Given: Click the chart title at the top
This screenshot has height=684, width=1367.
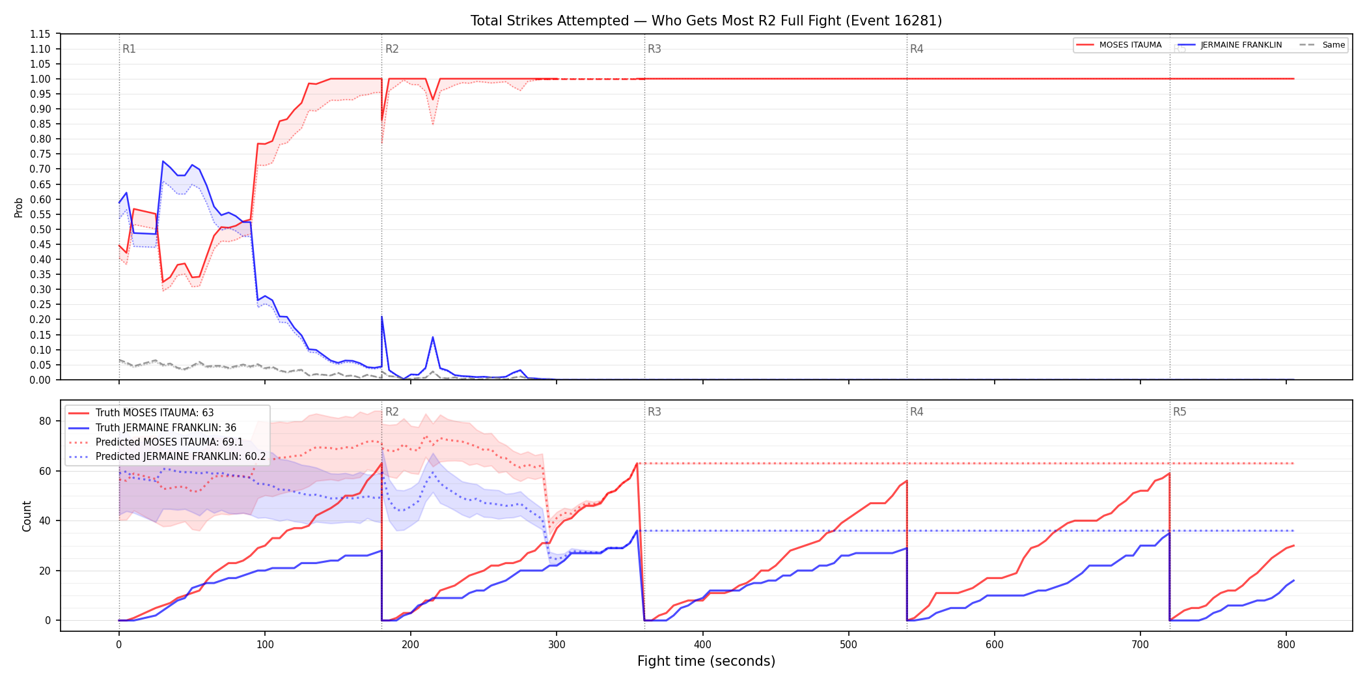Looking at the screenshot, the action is pyautogui.click(x=706, y=21).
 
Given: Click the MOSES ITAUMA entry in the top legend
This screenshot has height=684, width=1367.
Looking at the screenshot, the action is pyautogui.click(x=1119, y=45).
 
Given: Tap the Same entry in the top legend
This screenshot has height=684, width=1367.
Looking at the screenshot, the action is pyautogui.click(x=1322, y=45).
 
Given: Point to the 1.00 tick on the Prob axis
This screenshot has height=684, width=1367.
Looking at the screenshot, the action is pyautogui.click(x=40, y=79).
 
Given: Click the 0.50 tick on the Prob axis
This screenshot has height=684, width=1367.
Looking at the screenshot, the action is pyautogui.click(x=40, y=229).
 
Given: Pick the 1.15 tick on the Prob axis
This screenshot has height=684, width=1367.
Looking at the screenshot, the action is pyautogui.click(x=40, y=34).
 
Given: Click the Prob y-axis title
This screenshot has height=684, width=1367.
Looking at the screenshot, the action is pyautogui.click(x=19, y=207).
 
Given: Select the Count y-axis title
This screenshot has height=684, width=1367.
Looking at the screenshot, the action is pyautogui.click(x=27, y=516).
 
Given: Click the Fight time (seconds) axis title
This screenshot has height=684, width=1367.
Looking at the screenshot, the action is pyautogui.click(x=706, y=661).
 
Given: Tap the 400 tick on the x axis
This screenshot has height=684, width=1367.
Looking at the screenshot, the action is pyautogui.click(x=702, y=645).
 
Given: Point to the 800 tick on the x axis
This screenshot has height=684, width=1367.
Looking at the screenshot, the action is pyautogui.click(x=1286, y=645).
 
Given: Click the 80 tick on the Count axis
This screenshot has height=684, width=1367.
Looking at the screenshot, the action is pyautogui.click(x=45, y=421).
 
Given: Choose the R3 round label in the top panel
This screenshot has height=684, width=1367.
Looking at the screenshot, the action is pyautogui.click(x=654, y=49).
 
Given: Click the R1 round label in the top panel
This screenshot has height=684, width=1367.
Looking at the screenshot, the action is pyautogui.click(x=129, y=49).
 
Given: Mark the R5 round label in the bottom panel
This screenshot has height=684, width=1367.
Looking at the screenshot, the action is pyautogui.click(x=1180, y=412).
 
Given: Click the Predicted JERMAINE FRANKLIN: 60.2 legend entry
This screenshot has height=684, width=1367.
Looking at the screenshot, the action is pyautogui.click(x=167, y=457).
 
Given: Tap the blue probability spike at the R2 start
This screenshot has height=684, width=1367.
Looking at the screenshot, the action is pyautogui.click(x=381, y=317).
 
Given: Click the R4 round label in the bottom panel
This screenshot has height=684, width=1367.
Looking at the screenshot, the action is pyautogui.click(x=917, y=412).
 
